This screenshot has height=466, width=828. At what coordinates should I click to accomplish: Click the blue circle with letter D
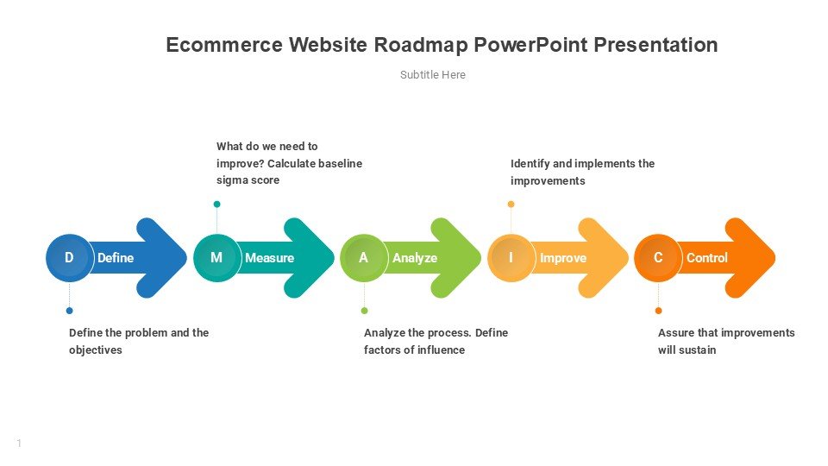tap(69, 258)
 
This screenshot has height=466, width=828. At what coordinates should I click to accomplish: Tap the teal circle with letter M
tap(216, 258)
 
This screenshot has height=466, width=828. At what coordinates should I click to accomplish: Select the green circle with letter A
tap(364, 258)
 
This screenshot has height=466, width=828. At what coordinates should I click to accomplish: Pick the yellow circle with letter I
tap(511, 258)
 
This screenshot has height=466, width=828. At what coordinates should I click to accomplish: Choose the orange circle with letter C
tap(658, 258)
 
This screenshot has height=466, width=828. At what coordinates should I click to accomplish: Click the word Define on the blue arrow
tap(116, 258)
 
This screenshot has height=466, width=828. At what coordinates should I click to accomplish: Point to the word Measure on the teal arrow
tap(269, 258)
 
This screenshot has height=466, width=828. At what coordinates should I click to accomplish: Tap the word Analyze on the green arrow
tap(415, 258)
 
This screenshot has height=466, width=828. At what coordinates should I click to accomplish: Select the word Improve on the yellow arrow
tap(563, 258)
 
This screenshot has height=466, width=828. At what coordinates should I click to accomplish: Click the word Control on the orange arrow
tap(707, 258)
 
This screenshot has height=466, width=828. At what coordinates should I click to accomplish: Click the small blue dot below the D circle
tap(69, 311)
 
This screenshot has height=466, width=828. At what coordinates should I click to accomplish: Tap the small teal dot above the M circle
tap(216, 205)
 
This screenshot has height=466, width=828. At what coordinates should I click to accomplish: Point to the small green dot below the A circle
tap(364, 311)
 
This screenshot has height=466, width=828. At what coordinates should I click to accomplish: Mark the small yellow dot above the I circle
tap(511, 205)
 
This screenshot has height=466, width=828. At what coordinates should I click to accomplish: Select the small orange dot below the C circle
tap(658, 311)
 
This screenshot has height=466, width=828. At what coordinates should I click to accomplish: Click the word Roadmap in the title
tap(421, 46)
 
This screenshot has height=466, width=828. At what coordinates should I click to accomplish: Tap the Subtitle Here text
tap(432, 75)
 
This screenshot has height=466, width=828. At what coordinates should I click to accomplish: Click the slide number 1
tap(19, 444)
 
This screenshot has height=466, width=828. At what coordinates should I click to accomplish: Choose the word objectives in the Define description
tap(96, 350)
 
